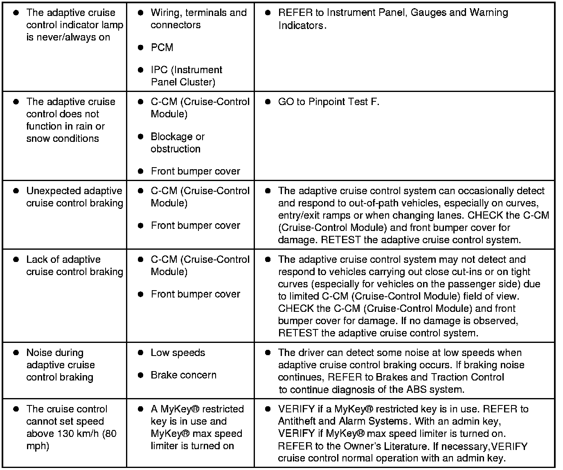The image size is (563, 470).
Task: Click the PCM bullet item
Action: [x=162, y=47]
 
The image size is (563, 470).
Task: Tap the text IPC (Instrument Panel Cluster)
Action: [x=186, y=76]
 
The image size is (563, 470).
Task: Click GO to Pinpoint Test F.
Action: [x=329, y=102]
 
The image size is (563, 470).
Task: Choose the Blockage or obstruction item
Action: [x=177, y=143]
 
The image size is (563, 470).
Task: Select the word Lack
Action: [x=37, y=260]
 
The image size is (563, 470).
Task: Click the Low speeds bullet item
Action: [x=178, y=353]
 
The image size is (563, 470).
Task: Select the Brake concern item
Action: [x=183, y=375]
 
